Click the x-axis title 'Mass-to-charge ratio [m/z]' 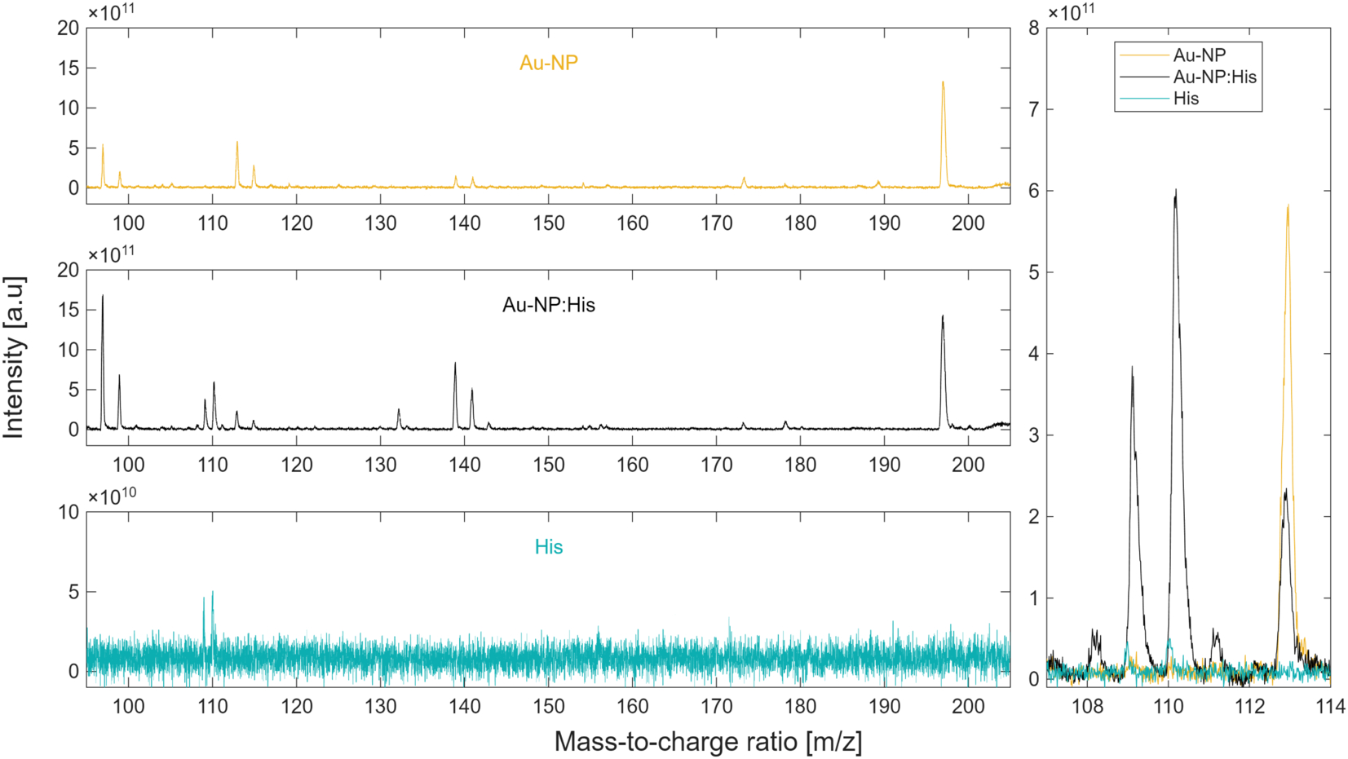(708, 742)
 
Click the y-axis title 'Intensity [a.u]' (13, 357)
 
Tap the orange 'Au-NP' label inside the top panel (548, 63)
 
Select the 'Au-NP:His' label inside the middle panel (548, 305)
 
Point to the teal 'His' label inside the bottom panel (548, 547)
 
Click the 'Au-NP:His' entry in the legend (1214, 77)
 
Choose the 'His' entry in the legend (1186, 99)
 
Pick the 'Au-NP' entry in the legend (1200, 55)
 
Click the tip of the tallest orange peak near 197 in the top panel (943, 82)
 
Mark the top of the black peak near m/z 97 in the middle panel (103, 295)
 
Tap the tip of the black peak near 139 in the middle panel (455, 363)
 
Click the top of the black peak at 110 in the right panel (1175, 190)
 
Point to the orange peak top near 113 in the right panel (1288, 205)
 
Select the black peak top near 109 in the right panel (1132, 367)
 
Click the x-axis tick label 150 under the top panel (548, 223)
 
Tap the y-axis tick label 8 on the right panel (1034, 28)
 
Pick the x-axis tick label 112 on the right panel (1250, 706)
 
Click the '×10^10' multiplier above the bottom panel (113, 496)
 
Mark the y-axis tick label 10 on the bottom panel (69, 513)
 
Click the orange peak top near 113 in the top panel (237, 143)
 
